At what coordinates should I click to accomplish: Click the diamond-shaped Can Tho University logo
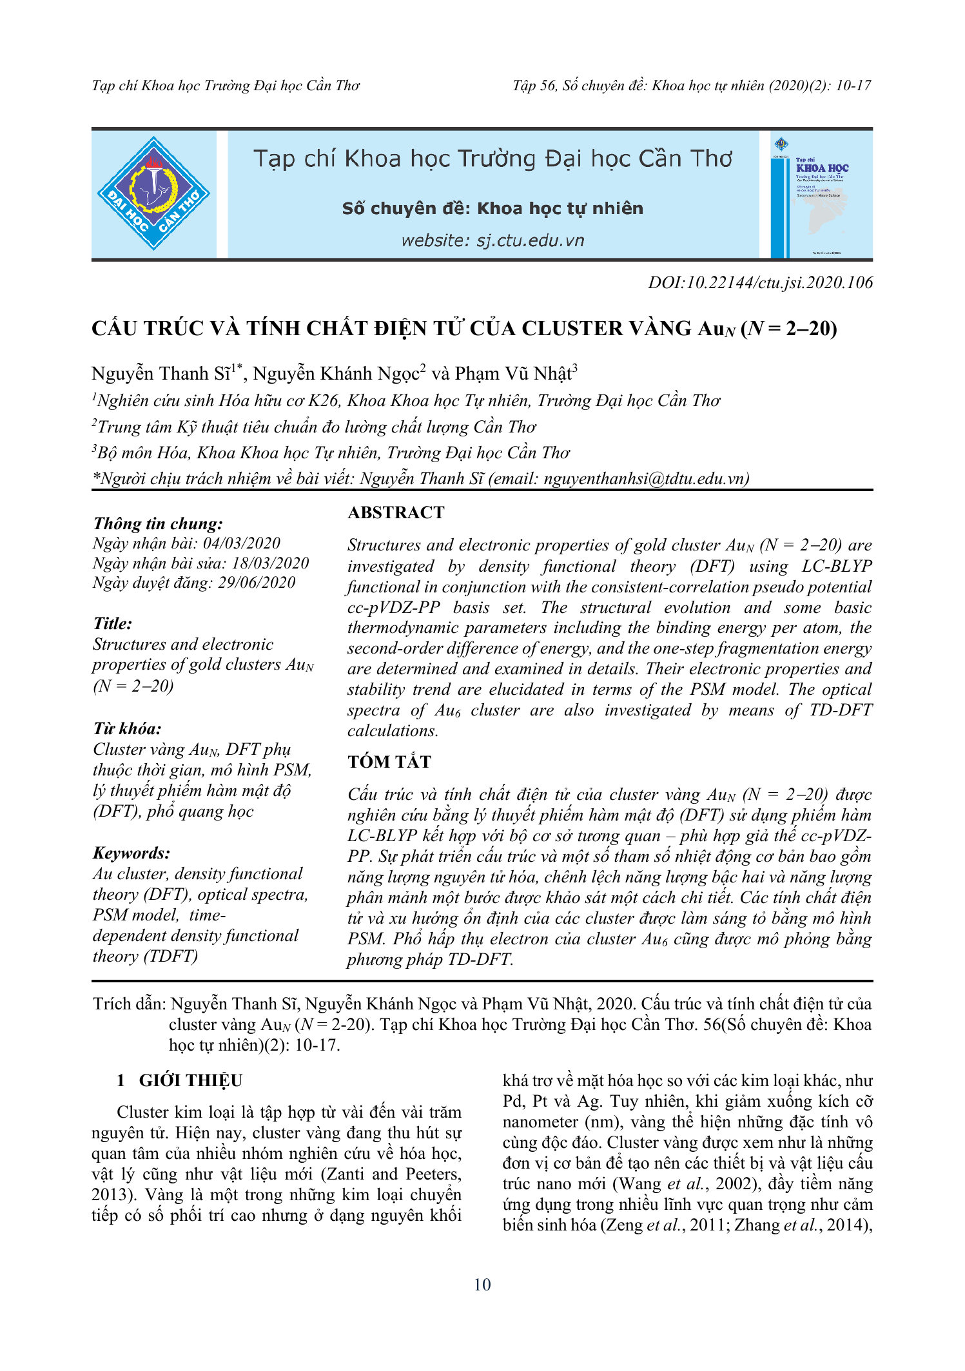click(x=153, y=193)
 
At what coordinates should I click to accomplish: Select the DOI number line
click(x=760, y=282)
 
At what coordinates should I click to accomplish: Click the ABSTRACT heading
click(x=396, y=512)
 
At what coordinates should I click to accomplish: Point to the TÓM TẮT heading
click(x=389, y=762)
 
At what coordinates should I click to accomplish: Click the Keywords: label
click(x=132, y=853)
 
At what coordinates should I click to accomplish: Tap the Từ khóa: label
click(x=127, y=728)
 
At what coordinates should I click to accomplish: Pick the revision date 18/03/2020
click(x=270, y=563)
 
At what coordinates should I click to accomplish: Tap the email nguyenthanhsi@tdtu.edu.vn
click(x=645, y=478)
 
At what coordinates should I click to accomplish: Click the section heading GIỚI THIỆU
click(x=190, y=1080)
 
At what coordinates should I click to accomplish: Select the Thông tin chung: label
click(x=158, y=523)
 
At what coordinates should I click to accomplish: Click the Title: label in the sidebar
click(x=113, y=623)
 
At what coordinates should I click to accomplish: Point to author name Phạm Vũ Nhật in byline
click(x=513, y=374)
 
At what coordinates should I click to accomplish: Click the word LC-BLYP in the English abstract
click(x=836, y=566)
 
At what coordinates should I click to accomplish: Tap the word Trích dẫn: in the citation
click(x=130, y=1004)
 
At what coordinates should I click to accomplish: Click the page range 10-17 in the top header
click(x=853, y=86)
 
